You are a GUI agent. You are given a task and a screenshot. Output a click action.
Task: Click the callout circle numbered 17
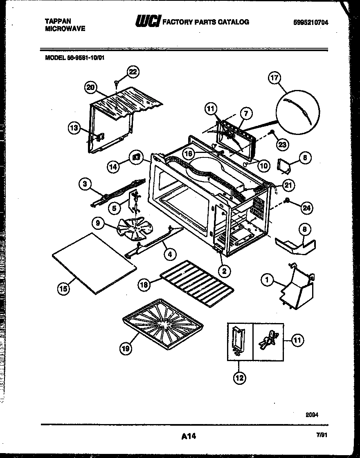coord(274,78)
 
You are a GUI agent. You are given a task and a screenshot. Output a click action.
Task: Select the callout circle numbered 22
coord(133,72)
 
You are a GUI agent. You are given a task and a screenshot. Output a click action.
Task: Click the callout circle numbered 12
coord(239,378)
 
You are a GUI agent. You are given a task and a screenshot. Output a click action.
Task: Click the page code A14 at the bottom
coord(189,436)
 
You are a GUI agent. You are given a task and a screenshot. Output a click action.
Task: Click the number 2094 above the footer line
coord(311,414)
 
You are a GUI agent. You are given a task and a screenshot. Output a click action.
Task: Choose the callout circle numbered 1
coord(267,280)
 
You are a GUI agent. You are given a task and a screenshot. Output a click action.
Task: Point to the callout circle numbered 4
coord(170,254)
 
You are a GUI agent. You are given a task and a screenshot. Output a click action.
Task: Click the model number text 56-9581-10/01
coord(86,58)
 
